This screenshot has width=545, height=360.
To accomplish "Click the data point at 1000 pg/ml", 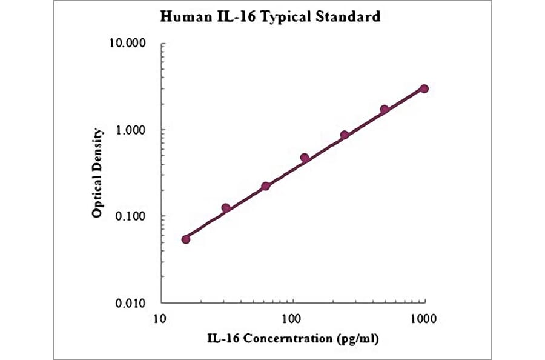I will click(424, 88).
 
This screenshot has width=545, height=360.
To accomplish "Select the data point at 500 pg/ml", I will click(385, 110).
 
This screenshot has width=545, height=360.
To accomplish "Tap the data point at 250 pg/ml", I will click(345, 135).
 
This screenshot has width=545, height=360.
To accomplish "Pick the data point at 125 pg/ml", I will click(305, 158).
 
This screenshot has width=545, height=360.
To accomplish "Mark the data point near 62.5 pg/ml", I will click(265, 186).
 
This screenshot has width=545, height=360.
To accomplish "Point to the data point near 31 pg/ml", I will click(226, 208).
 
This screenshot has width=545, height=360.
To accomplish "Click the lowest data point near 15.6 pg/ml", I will click(186, 239).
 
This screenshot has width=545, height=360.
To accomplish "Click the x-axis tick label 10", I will click(160, 318).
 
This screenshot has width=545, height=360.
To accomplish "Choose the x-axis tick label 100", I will click(292, 318).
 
